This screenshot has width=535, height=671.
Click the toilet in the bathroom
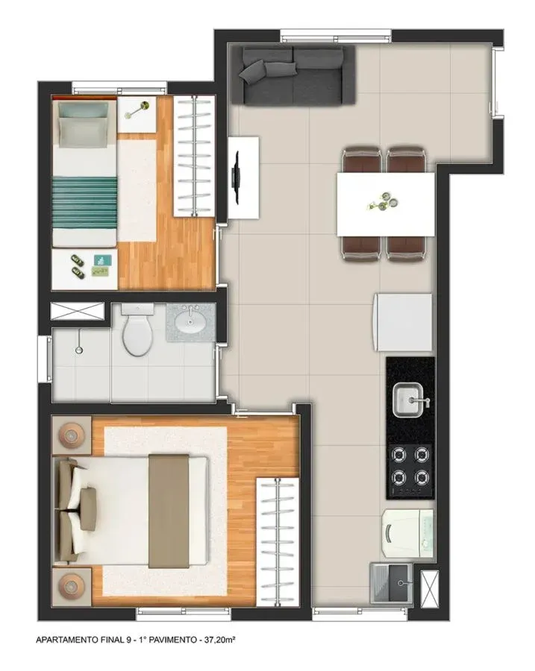coord(137,330)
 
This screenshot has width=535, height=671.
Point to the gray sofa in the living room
coord(293,75)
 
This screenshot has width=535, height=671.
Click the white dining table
coord(386,204)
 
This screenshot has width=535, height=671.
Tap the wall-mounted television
coord(236,177)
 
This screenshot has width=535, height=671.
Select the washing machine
coord(407,533)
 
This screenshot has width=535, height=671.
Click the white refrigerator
coord(404,322)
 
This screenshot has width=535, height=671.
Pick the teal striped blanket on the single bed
coord(84,202)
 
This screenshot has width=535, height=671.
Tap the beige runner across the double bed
coord(169,511)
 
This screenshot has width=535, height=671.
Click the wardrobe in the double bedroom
coord(278,541)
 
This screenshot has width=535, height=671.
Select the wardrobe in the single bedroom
coord(194,156)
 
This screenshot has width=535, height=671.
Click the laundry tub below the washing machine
coord(391,583)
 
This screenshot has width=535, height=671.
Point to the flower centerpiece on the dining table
coord(384,202)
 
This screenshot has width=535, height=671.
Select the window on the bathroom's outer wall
coord(45,359)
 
